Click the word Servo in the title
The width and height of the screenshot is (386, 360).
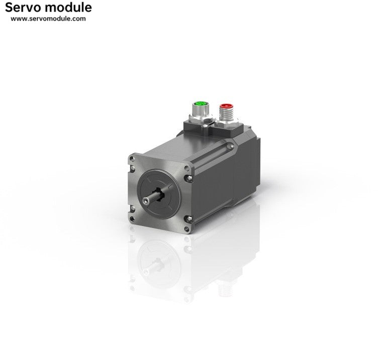tap(24, 8)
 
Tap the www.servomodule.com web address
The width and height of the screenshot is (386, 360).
tap(48, 19)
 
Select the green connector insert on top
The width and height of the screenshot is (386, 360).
tap(201, 103)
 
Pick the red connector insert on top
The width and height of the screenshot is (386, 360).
tap(226, 106)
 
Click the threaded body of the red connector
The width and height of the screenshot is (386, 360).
tap(226, 113)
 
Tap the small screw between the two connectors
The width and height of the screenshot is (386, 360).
tap(205, 126)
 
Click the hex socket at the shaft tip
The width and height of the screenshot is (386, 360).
tap(146, 201)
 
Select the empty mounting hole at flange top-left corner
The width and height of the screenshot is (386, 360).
tap(132, 159)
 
